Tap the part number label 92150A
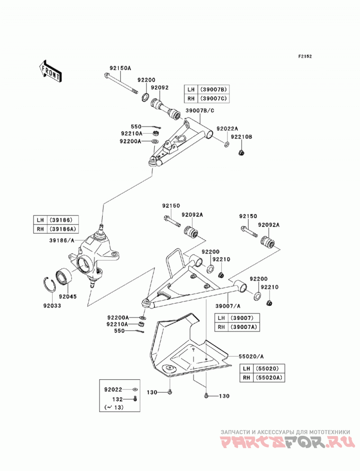pyautogui.click(x=120, y=68)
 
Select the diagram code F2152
pyautogui.click(x=305, y=56)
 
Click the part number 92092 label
pyautogui.click(x=160, y=88)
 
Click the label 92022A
pyautogui.click(x=227, y=129)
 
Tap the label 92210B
pyautogui.click(x=242, y=137)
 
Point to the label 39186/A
pyautogui.click(x=62, y=240)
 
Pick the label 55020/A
pyautogui.click(x=251, y=357)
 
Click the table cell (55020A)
pyautogui.click(x=269, y=377)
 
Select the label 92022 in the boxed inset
pyautogui.click(x=113, y=390)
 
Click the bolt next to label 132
pyautogui.click(x=135, y=399)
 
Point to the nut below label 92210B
pyautogui.click(x=241, y=153)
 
